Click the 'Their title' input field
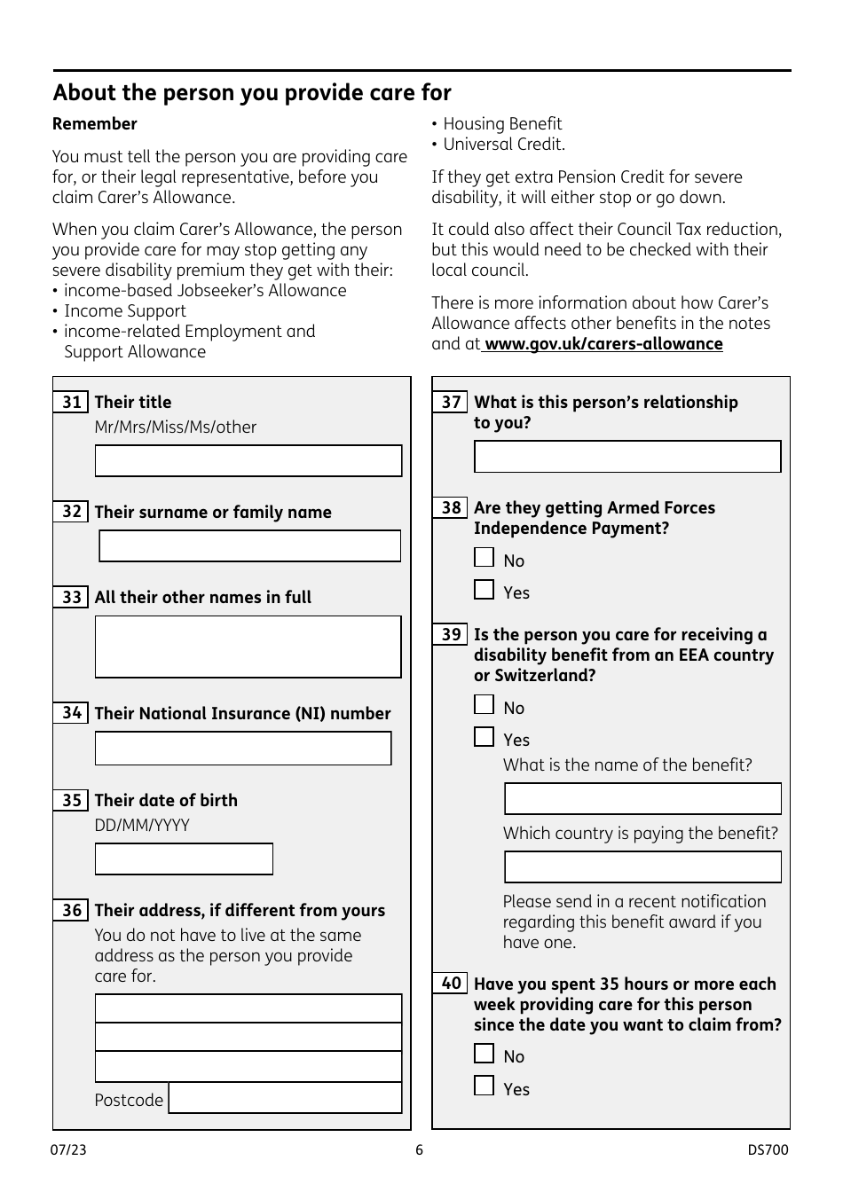pyautogui.click(x=248, y=461)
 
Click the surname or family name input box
pyautogui.click(x=249, y=546)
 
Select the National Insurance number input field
pyautogui.click(x=243, y=749)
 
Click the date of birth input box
pyautogui.click(x=184, y=859)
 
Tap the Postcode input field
pyautogui.click(x=285, y=1099)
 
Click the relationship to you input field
pyautogui.click(x=627, y=457)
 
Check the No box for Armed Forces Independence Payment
pyautogui.click(x=484, y=558)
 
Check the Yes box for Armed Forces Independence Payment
pyautogui.click(x=484, y=590)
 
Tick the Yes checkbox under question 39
pyautogui.click(x=484, y=737)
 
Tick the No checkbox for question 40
pyautogui.click(x=484, y=1054)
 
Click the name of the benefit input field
pyautogui.click(x=642, y=799)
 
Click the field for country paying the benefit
pyautogui.click(x=642, y=867)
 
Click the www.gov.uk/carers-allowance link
pyautogui.click(x=603, y=344)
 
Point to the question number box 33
pyautogui.click(x=71, y=597)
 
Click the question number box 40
pyautogui.click(x=451, y=984)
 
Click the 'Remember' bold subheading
pyautogui.click(x=95, y=124)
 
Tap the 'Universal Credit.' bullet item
pyautogui.click(x=503, y=145)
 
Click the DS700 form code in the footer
pyautogui.click(x=768, y=1150)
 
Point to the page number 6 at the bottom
pyautogui.click(x=420, y=1150)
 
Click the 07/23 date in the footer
pyautogui.click(x=68, y=1150)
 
